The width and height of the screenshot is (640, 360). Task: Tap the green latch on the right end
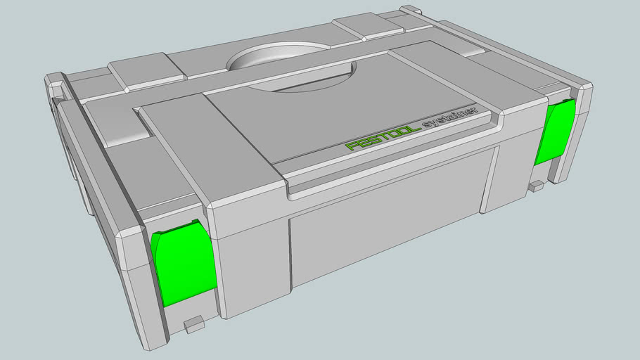[x=554, y=131]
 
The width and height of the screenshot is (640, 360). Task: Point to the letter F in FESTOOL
[x=352, y=147]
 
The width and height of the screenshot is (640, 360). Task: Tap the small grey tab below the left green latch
[x=193, y=323]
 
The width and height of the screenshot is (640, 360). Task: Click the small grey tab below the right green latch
[x=537, y=186]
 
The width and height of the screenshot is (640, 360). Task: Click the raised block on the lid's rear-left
[x=146, y=75]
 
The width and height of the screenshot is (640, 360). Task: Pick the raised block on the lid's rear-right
[x=368, y=28]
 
